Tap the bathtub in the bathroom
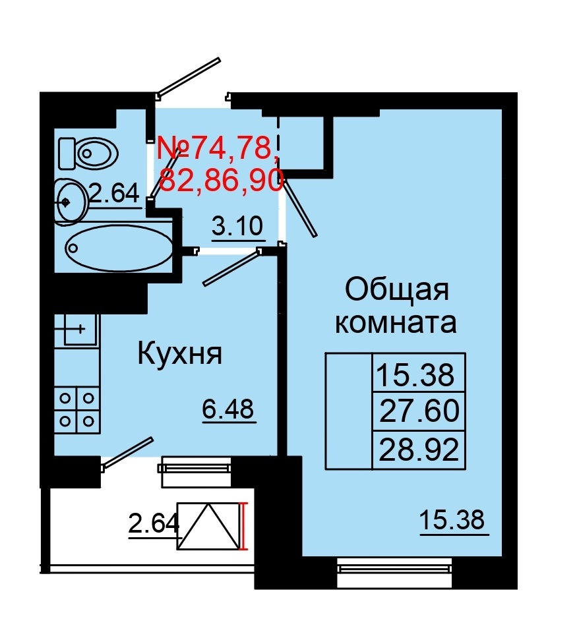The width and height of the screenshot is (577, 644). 119,248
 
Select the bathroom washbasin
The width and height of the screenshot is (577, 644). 69,201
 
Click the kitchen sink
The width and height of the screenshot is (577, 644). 76,328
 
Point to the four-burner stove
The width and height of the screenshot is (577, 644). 76,409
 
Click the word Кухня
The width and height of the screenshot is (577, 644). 179,355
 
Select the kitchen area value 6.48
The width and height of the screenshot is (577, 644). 228,411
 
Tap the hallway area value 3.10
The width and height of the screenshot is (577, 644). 237,227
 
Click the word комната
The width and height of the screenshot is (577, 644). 396,323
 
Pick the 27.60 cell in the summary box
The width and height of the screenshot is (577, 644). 419,411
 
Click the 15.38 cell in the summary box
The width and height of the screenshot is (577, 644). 415,375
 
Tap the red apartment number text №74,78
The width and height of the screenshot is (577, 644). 215,149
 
